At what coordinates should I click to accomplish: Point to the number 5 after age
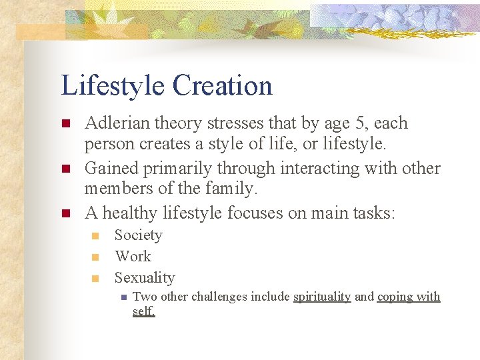pos(367,123)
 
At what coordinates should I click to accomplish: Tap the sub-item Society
pos(138,235)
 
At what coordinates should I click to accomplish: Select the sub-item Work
pos(133,257)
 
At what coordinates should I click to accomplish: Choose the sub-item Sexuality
pos(145,278)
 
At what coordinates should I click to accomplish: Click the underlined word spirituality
pos(322,297)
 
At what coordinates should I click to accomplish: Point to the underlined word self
pos(143,311)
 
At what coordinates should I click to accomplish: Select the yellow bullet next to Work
pos(95,257)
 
